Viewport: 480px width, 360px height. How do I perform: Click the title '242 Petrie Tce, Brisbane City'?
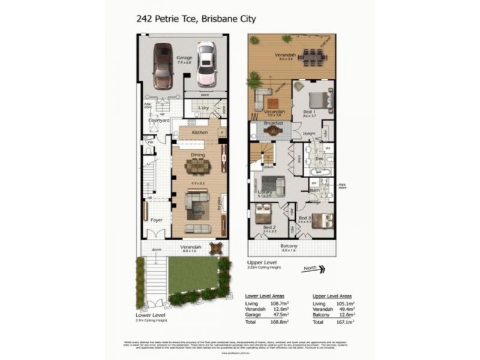point(197,19)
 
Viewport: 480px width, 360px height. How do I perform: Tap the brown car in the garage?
point(163,64)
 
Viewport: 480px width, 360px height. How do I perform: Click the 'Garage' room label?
point(184,58)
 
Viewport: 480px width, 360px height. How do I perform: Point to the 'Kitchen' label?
point(199,132)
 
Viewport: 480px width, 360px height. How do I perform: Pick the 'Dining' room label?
point(197,155)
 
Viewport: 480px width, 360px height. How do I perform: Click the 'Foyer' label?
point(157,220)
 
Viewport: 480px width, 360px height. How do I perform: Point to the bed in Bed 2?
point(263,213)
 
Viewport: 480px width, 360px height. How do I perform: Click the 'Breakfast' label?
point(273,123)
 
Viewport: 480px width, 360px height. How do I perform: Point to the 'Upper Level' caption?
point(260,262)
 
